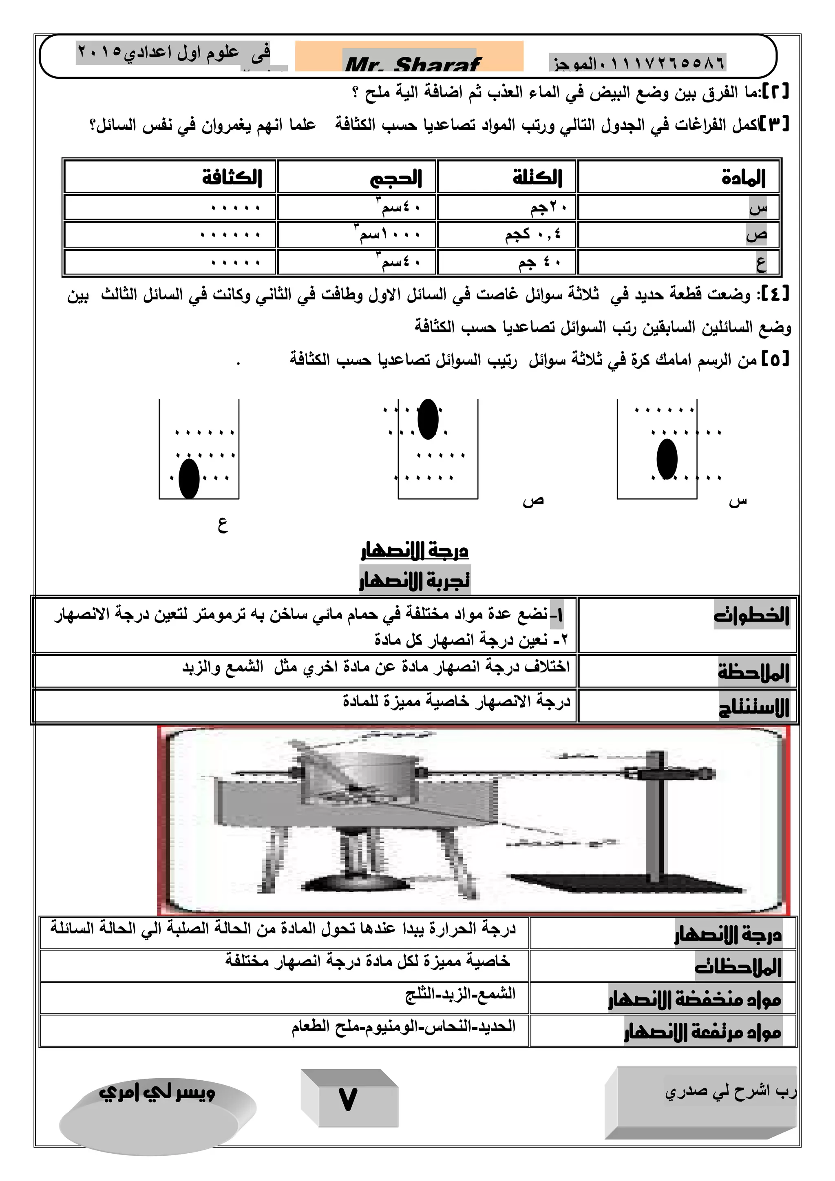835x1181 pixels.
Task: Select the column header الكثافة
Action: (232, 177)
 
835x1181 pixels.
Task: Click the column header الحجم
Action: (395, 178)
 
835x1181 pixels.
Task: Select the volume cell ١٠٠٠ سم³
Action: (388, 234)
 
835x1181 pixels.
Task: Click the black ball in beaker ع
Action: (189, 478)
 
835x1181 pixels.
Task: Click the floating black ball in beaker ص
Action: (428, 419)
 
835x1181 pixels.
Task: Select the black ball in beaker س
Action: (667, 459)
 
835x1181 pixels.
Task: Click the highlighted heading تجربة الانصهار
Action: (414, 580)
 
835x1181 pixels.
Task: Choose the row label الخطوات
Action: (751, 615)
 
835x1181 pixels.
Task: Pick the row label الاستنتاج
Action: (754, 707)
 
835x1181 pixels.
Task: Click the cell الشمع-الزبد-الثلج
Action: (460, 994)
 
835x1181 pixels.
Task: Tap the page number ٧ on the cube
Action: (348, 1100)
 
